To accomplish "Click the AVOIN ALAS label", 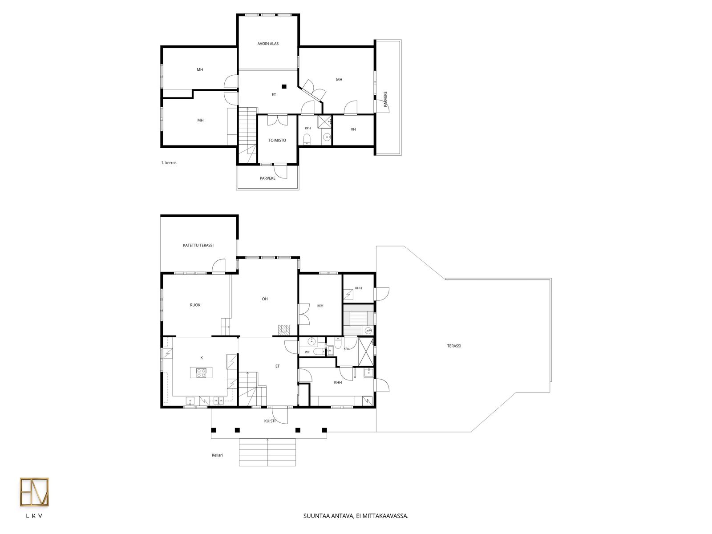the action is coord(267,44).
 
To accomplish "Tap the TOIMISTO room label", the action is coord(277,140).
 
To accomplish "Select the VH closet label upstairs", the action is coord(353,129).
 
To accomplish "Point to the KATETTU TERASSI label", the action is coord(198,246).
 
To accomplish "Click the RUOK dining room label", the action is coord(195,305).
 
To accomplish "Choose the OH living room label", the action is coord(265,299).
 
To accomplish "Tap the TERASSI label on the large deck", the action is coord(454,346).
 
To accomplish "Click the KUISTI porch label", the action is coord(270,421).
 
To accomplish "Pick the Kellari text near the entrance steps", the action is coord(217,455).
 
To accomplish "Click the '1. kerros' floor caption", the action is coord(169,163).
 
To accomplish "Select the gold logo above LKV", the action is coord(34,492).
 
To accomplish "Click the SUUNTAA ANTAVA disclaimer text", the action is coord(356,516).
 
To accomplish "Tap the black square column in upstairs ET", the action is coord(284,87).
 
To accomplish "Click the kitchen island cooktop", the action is coord(201,373).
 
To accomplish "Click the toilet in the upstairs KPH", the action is coord(307,140).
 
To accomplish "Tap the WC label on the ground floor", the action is coord(307,352).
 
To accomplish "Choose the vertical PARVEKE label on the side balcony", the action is coord(386,99).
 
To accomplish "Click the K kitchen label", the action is coord(202,358).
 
